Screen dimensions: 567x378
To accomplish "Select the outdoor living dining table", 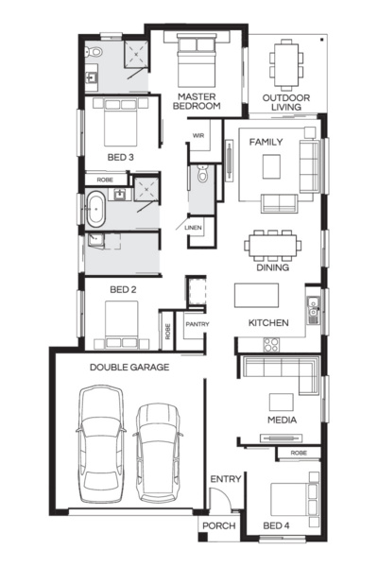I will tap(285, 64).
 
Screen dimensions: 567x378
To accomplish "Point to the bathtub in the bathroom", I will tap(96, 209).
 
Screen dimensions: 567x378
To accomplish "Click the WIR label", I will tap(198, 136).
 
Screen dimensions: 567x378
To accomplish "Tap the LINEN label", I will tap(193, 228).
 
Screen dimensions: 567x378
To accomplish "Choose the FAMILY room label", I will tap(266, 141).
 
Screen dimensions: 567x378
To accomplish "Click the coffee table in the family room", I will tap(272, 166).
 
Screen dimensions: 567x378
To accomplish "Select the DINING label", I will tap(273, 267).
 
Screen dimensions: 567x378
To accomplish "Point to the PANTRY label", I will tap(197, 325).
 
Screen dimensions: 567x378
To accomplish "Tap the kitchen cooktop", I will tap(270, 344).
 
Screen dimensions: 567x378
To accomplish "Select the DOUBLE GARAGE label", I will tap(129, 367).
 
